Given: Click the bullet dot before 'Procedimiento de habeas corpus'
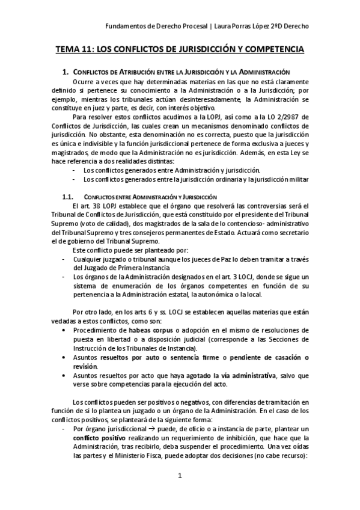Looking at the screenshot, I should (x=65, y=331).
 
